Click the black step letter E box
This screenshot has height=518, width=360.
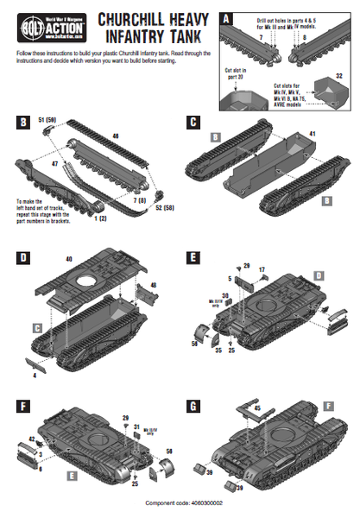click(196, 256)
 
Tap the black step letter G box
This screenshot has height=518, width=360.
click(196, 401)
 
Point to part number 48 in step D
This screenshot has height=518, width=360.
click(153, 285)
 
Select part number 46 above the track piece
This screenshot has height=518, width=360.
click(116, 136)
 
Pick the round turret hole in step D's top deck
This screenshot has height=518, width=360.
click(89, 281)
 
